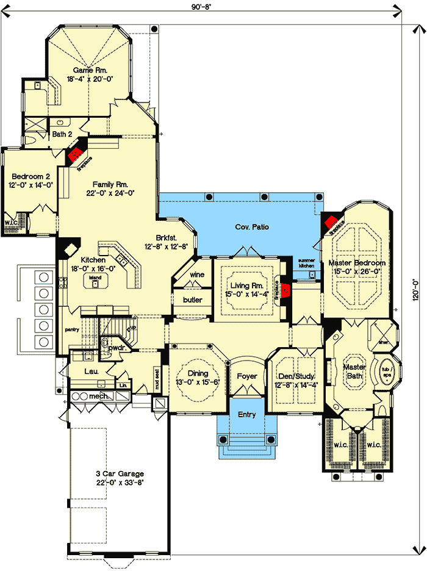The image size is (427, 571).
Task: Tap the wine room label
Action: [x=196, y=275]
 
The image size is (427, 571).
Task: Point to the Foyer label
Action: [x=247, y=376]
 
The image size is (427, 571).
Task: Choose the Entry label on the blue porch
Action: [x=246, y=415]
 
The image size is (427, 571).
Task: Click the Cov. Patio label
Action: [x=253, y=227]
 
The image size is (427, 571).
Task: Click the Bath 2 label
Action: [x=62, y=134]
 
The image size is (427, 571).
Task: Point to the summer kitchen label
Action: [x=306, y=264]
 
